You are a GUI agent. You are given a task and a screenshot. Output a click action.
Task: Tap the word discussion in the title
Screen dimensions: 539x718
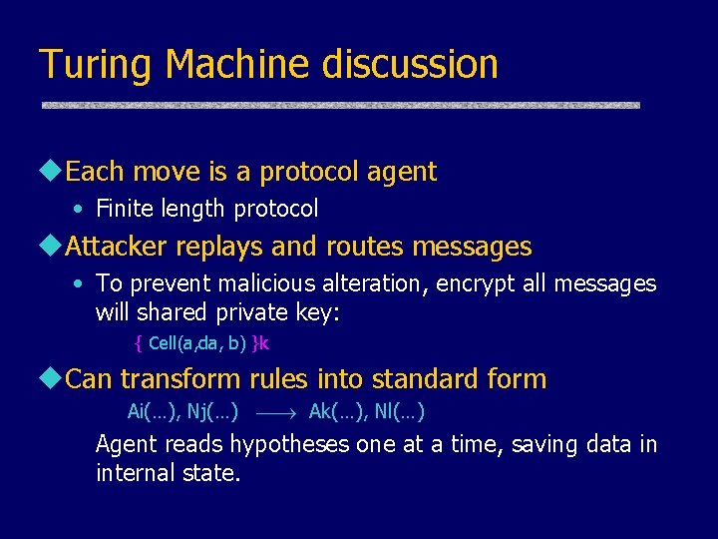(410, 65)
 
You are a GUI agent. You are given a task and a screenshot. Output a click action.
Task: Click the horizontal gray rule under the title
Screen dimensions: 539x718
(339, 105)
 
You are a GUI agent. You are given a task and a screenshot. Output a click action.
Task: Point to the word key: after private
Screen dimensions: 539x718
(318, 312)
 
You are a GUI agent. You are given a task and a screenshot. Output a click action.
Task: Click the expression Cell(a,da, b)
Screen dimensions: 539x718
(196, 343)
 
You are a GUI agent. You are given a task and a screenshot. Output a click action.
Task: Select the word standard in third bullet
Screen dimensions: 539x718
(408, 379)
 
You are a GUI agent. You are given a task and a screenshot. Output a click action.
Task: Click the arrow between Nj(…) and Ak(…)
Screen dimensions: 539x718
(273, 411)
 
